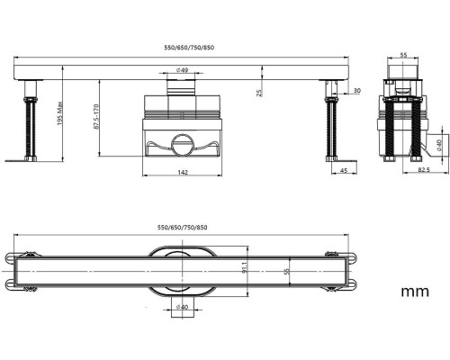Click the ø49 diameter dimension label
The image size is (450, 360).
point(183,70)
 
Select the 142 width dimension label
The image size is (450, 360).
point(183,172)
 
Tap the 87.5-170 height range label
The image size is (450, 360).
point(96,117)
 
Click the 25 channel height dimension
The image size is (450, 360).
point(260,93)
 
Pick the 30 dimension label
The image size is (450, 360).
point(357,91)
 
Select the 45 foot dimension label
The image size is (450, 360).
point(344,170)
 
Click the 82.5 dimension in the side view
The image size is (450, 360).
point(424,169)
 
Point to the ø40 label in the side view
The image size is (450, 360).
point(439,145)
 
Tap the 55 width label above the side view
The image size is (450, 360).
point(404,55)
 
